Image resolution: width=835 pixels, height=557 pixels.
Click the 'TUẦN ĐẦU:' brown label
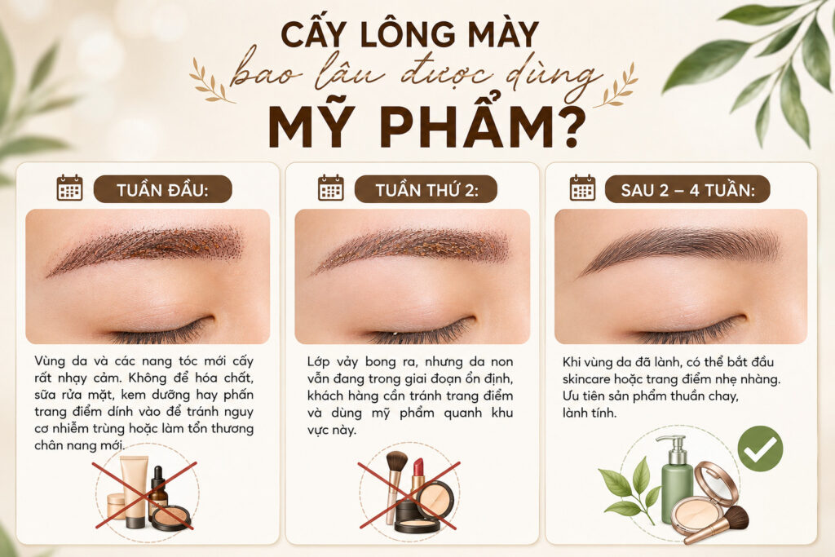(162, 189)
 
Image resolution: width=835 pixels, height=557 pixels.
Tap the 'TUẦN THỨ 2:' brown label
(426, 189)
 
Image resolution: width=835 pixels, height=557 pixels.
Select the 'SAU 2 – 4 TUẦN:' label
(687, 189)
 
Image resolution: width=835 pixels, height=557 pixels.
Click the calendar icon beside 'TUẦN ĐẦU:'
(70, 188)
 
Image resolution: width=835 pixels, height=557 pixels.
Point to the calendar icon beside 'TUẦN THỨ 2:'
(331, 188)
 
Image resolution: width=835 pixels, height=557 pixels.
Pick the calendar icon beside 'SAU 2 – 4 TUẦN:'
(582, 188)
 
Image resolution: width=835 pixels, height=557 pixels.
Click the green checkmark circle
(760, 449)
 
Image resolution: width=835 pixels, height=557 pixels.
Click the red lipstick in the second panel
(417, 475)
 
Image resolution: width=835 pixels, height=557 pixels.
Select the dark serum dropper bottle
(157, 491)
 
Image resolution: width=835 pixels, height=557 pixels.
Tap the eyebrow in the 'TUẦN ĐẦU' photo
(147, 247)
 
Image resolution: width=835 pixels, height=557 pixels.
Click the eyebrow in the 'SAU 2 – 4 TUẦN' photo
(679, 247)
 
